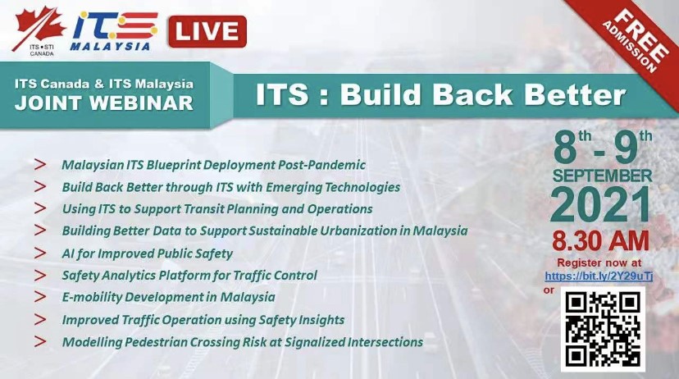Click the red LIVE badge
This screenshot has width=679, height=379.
pyautogui.click(x=207, y=32)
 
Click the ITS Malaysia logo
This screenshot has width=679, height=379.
pyautogui.click(x=114, y=30)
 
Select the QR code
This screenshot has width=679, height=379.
pyautogui.click(x=603, y=329)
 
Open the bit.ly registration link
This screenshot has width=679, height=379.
pyautogui.click(x=599, y=276)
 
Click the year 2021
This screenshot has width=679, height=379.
pyautogui.click(x=601, y=205)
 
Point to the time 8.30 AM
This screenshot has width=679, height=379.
pyautogui.click(x=600, y=241)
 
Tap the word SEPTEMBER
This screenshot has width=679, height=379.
pyautogui.click(x=602, y=176)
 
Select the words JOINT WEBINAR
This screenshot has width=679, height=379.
pyautogui.click(x=104, y=103)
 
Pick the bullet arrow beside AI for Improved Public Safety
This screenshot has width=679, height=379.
pyautogui.click(x=40, y=253)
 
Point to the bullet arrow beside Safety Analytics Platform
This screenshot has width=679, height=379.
pyautogui.click(x=40, y=275)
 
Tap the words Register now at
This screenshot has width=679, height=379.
pyautogui.click(x=599, y=263)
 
